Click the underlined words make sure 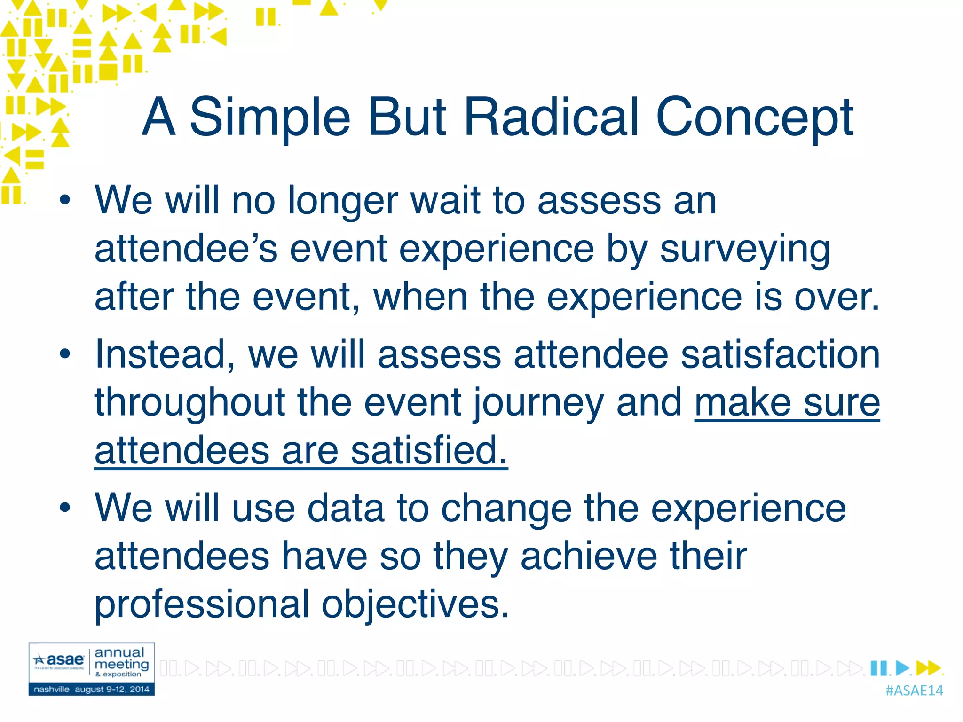point(787,403)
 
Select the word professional point(202,605)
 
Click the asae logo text point(65,659)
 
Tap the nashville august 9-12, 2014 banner point(91,690)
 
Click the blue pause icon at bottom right point(878,668)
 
